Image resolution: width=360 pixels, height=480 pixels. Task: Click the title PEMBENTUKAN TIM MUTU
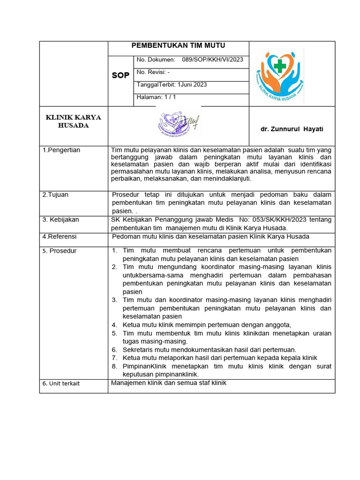coord(178,45)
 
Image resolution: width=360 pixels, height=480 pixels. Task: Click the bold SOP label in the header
coord(120,75)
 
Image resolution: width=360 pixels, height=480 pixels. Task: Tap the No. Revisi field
coord(153,72)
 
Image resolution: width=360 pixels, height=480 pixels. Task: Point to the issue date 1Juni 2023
coord(193,85)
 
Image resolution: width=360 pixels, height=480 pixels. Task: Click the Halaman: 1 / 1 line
coord(156,97)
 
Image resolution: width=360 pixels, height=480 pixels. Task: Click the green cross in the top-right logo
coord(280,66)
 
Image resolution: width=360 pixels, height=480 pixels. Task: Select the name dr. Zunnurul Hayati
coord(292,129)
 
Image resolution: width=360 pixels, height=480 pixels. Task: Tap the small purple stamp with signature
coord(178,124)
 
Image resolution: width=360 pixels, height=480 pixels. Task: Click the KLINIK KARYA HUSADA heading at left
coord(73,121)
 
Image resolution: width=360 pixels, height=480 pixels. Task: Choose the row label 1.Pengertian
coord(61,150)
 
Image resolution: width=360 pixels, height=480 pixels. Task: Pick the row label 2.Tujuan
coord(55,195)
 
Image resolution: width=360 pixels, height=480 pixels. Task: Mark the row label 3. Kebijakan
coord(60,219)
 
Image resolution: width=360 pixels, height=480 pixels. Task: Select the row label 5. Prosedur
coord(60,251)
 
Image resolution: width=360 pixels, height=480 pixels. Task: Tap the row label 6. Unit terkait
coord(61,383)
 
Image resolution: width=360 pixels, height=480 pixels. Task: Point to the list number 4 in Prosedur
coord(114,325)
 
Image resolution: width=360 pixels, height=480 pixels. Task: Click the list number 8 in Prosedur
coord(114,366)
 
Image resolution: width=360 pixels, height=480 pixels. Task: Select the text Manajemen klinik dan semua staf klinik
coord(169,382)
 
